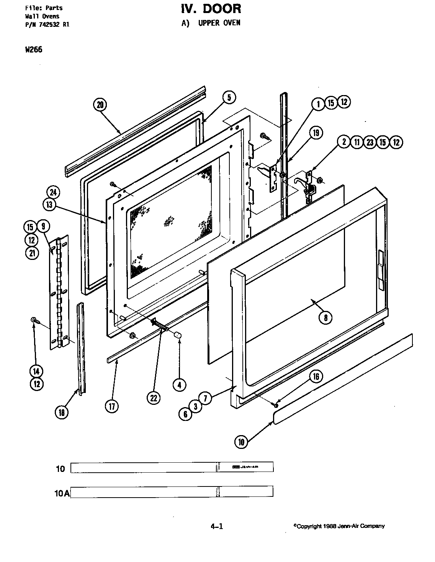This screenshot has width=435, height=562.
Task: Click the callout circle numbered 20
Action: click(x=100, y=105)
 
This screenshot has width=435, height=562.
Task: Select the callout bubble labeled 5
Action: click(x=229, y=97)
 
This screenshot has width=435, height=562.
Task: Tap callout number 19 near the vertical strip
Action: click(x=316, y=133)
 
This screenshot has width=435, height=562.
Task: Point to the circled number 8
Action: click(x=325, y=317)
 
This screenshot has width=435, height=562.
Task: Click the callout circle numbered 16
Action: click(x=316, y=377)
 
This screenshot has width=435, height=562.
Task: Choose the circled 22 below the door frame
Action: click(x=154, y=398)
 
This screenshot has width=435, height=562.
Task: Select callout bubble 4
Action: click(x=179, y=385)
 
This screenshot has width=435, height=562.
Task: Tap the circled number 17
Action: click(x=111, y=406)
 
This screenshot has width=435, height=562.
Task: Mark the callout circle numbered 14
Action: click(x=36, y=371)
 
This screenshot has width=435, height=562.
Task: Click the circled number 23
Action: click(x=370, y=142)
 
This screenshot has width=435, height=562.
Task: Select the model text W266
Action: click(x=34, y=49)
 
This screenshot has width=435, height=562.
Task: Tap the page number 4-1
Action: click(x=217, y=526)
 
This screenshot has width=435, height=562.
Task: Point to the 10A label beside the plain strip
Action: click(x=62, y=493)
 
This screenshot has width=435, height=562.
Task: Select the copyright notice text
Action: click(x=339, y=526)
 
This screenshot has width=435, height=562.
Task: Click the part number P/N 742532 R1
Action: click(x=47, y=25)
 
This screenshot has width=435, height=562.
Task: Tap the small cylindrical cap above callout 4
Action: click(x=177, y=335)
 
